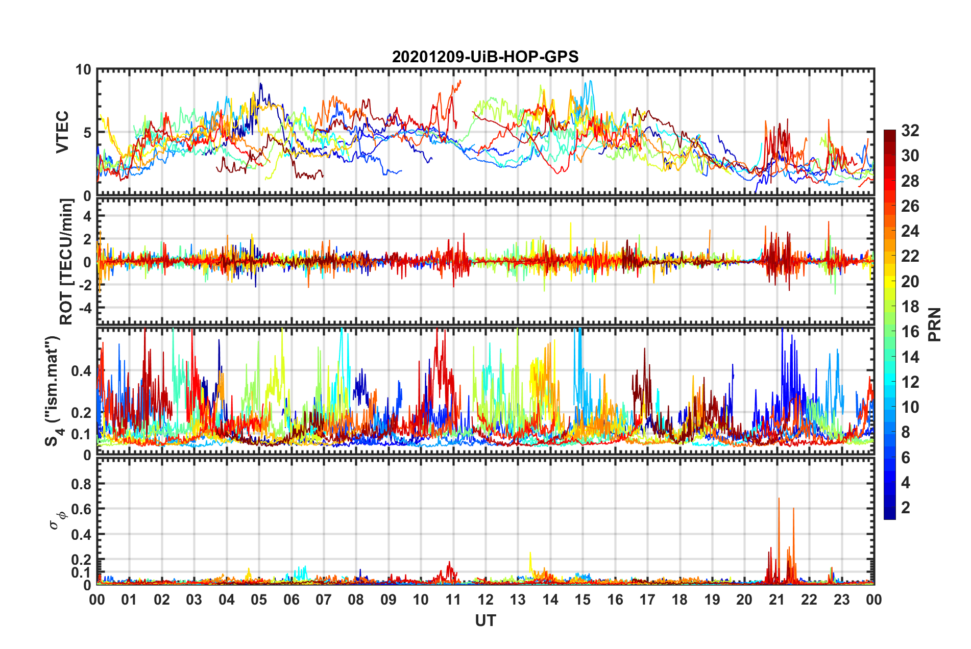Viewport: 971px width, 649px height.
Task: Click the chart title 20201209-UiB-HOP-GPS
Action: (485, 57)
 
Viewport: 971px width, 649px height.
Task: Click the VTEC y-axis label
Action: (62, 132)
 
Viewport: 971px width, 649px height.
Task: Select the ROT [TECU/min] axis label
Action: (66, 261)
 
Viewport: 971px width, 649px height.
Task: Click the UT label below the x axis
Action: (485, 620)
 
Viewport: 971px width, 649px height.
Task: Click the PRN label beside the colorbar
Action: (934, 324)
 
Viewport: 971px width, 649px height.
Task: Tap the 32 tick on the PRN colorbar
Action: (910, 131)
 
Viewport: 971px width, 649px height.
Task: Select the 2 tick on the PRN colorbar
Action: (906, 507)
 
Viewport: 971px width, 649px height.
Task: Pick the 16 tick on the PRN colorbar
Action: (910, 332)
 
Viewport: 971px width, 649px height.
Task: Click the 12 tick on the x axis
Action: (486, 600)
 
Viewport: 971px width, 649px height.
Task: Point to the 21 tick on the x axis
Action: (776, 600)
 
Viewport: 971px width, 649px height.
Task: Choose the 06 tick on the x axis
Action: (292, 600)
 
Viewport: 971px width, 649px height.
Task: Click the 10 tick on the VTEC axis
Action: (83, 70)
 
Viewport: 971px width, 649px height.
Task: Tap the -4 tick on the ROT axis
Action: (83, 308)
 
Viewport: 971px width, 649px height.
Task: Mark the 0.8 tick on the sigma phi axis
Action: (81, 484)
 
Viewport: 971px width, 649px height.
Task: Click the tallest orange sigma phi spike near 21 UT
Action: (779, 499)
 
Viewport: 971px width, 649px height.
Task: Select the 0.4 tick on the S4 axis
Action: (81, 371)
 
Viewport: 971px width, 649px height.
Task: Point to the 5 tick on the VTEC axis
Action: (87, 133)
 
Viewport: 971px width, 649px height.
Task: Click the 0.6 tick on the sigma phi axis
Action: (81, 509)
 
